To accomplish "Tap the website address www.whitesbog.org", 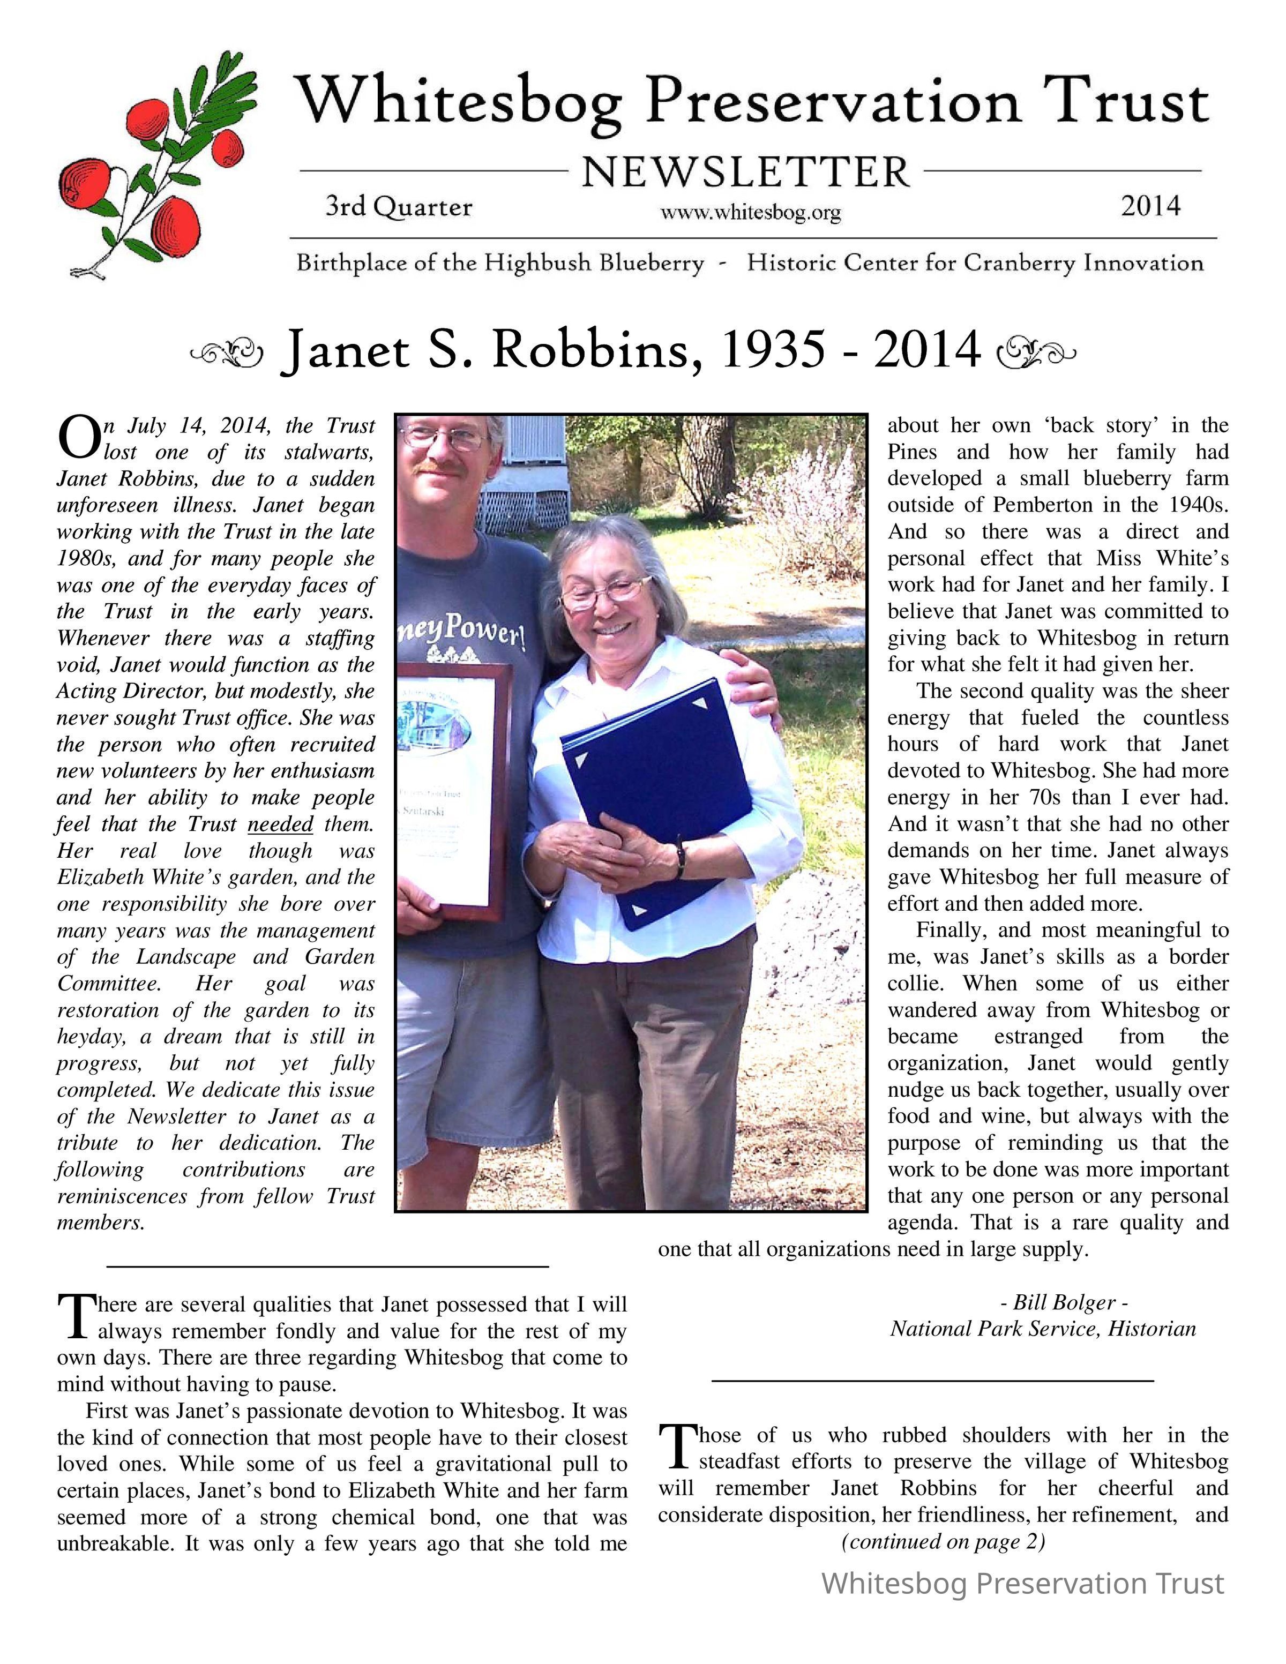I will pyautogui.click(x=750, y=213).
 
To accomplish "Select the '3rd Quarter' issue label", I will pyautogui.click(x=399, y=206).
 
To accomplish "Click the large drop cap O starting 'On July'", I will pyautogui.click(x=78, y=438).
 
